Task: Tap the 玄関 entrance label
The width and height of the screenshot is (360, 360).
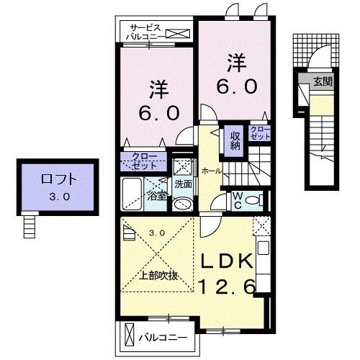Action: point(322,81)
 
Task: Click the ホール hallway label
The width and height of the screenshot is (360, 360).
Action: point(211,171)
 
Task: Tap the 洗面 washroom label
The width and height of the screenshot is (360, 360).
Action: point(180,184)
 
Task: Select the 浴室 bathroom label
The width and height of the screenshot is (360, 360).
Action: point(156,194)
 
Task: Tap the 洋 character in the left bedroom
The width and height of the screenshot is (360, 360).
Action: point(159,89)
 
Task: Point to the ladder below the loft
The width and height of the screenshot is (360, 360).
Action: point(29,227)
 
